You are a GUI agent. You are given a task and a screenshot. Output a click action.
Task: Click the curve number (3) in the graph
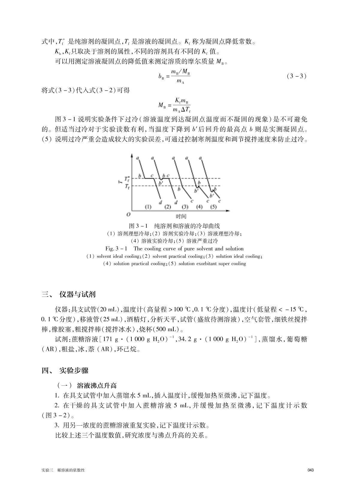pos(185,207)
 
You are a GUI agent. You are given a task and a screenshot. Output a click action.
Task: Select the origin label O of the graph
pos(128,215)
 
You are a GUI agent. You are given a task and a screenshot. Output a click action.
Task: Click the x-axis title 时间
pos(181,216)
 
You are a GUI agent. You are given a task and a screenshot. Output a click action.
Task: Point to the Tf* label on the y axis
pos(127,179)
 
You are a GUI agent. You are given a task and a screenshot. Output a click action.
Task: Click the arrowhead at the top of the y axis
pos(132,155)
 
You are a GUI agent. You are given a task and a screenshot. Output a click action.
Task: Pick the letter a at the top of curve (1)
pos(137,158)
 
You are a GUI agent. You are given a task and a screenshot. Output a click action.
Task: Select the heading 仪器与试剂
pos(77,294)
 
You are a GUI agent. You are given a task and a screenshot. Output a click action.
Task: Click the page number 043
pos(310,470)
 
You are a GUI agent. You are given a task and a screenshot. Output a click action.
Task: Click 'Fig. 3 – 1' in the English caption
pos(117,248)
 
